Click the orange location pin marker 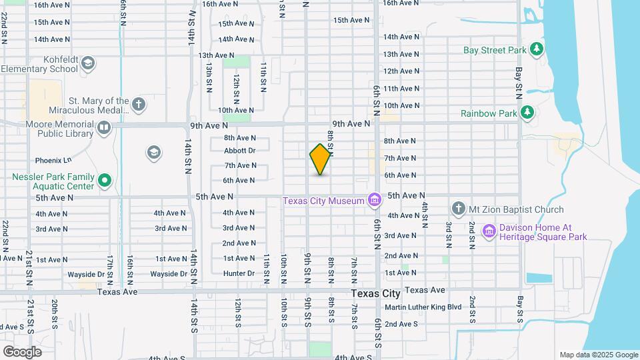321,159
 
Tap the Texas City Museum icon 374,200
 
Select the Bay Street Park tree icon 536,49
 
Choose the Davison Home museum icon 489,231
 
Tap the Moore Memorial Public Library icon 104,128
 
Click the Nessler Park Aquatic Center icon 105,180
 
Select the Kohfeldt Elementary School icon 88,64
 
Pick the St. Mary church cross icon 138,105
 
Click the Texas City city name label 376,293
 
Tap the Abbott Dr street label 240,151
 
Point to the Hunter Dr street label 239,273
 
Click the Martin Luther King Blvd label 423,307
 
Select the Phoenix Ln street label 53,161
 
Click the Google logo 22,351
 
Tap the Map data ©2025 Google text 598,355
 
